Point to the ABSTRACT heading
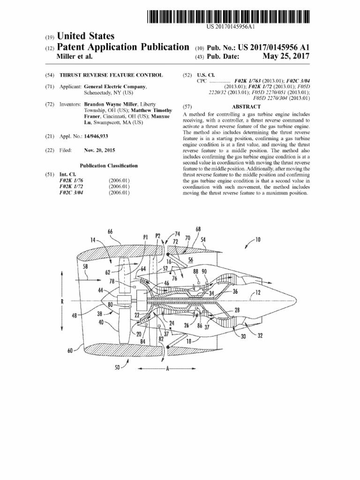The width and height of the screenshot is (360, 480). click(246, 107)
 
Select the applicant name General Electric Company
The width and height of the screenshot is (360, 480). click(115, 88)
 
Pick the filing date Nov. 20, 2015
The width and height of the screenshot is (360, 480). click(99, 150)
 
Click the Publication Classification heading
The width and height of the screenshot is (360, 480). click(108, 165)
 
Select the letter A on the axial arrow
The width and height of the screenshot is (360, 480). click(167, 368)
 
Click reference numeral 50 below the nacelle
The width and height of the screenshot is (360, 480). click(117, 367)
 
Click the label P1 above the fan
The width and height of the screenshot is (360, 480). click(146, 237)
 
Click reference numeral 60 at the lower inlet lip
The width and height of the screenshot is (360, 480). click(70, 349)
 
